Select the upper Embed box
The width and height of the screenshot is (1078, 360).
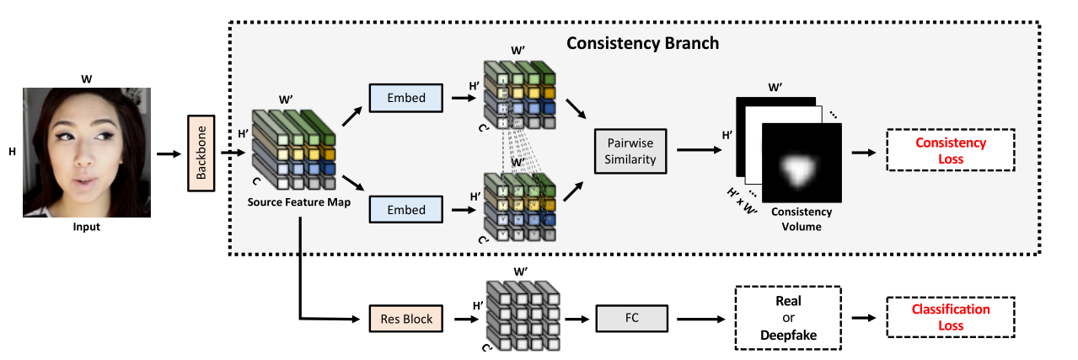point(405,98)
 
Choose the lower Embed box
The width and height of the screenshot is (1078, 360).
point(405,209)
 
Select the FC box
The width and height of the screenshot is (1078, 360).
point(631,319)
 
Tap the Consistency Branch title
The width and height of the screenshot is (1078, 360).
point(642,42)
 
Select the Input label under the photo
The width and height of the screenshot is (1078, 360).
point(86,227)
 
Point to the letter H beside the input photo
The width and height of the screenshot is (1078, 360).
point(13,152)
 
